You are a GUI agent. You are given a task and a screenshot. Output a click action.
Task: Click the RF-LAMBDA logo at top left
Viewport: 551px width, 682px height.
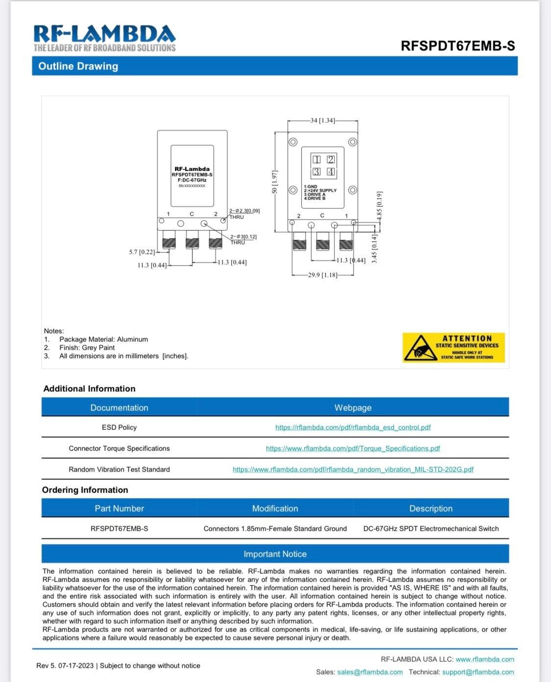point(104,38)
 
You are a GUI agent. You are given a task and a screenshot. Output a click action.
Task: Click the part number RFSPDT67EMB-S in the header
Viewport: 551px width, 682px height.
point(457,46)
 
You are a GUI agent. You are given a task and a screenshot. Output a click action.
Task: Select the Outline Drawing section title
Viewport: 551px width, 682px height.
point(78,66)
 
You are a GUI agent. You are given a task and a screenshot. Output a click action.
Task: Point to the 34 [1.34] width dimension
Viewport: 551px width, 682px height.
point(322,120)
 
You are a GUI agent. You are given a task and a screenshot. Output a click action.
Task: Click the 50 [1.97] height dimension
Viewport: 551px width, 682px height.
point(275,182)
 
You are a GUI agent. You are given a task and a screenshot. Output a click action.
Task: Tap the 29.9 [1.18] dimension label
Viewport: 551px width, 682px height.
point(322,275)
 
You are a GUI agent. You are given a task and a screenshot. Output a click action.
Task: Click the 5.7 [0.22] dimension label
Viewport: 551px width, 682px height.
point(142,252)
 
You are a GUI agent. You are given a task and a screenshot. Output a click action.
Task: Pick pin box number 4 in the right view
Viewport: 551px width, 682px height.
point(331,172)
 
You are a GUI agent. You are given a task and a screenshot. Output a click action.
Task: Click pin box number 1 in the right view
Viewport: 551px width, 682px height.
point(317,159)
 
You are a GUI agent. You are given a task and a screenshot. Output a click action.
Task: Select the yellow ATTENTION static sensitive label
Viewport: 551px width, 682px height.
point(454,347)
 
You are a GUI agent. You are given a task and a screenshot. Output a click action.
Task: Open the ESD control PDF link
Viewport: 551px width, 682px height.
point(353,427)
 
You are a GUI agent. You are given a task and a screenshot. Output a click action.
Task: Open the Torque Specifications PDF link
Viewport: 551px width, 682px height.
point(353,448)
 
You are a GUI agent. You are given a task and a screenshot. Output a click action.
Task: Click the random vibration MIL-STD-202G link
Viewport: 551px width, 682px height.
point(353,469)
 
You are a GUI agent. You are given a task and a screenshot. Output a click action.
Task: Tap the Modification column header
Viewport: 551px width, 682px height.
point(275,508)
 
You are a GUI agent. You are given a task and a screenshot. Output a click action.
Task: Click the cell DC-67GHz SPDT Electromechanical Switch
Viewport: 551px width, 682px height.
point(431,528)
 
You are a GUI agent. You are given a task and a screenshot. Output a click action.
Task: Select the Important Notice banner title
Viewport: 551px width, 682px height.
point(275,554)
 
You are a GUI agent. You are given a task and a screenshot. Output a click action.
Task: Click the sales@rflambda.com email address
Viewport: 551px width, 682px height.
point(370,672)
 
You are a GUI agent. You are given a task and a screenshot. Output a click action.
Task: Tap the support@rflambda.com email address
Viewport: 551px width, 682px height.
point(478,672)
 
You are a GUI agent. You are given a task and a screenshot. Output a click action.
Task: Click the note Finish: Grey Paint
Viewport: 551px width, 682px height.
point(87,347)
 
